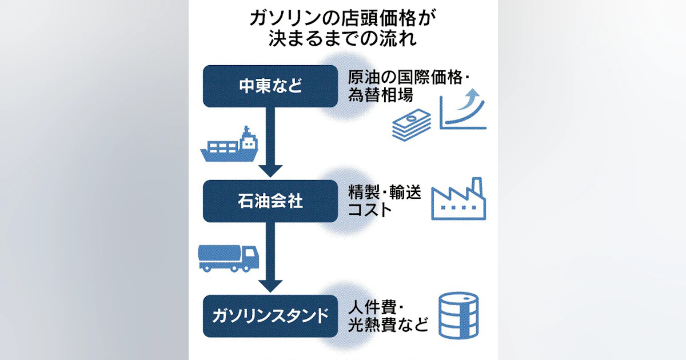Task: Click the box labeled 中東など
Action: click(270, 86)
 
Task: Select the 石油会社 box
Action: click(270, 201)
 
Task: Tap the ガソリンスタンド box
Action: click(270, 316)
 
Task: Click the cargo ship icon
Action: click(229, 144)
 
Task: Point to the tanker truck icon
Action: click(229, 258)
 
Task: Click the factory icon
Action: click(458, 199)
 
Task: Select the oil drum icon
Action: click(458, 315)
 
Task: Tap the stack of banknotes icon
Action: click(412, 125)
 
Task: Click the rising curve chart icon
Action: click(462, 109)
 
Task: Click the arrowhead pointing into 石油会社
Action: click(270, 171)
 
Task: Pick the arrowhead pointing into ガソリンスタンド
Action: click(270, 286)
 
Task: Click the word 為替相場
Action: click(381, 95)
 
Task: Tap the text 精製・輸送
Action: click(385, 192)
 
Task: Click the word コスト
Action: click(370, 210)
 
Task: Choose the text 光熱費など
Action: click(388, 325)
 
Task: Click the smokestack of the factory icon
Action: click(477, 187)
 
